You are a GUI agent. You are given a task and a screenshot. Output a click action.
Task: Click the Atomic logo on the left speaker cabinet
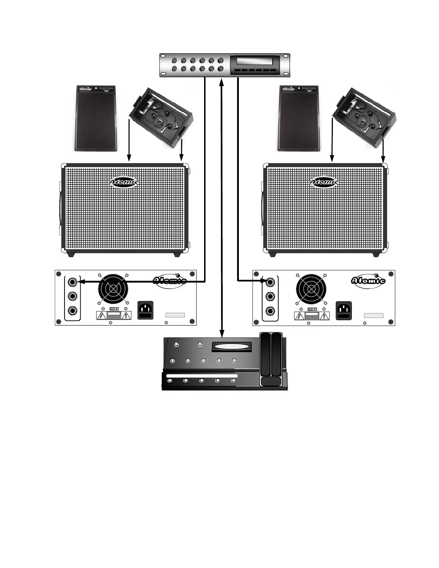pos(123,182)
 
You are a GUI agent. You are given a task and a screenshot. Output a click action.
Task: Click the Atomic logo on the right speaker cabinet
pos(324,182)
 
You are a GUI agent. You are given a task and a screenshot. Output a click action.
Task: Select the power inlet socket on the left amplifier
pos(146,310)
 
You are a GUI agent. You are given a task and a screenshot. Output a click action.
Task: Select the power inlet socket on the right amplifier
pos(343,310)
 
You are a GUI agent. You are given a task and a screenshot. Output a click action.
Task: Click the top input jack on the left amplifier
pos(73,282)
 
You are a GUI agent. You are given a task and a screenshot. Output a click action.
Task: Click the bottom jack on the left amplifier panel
pos(73,311)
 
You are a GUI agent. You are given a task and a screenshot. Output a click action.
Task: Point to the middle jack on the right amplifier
pos(271,296)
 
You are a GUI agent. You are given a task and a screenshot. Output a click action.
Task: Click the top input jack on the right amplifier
pos(271,282)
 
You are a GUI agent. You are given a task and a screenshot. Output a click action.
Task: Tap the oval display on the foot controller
pos(230,346)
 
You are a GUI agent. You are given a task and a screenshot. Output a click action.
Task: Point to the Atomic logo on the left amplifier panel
pos(170,280)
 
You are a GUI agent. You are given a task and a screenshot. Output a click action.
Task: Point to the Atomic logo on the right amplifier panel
pos(368,280)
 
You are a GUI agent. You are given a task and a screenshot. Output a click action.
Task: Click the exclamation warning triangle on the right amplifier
pos(324,316)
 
